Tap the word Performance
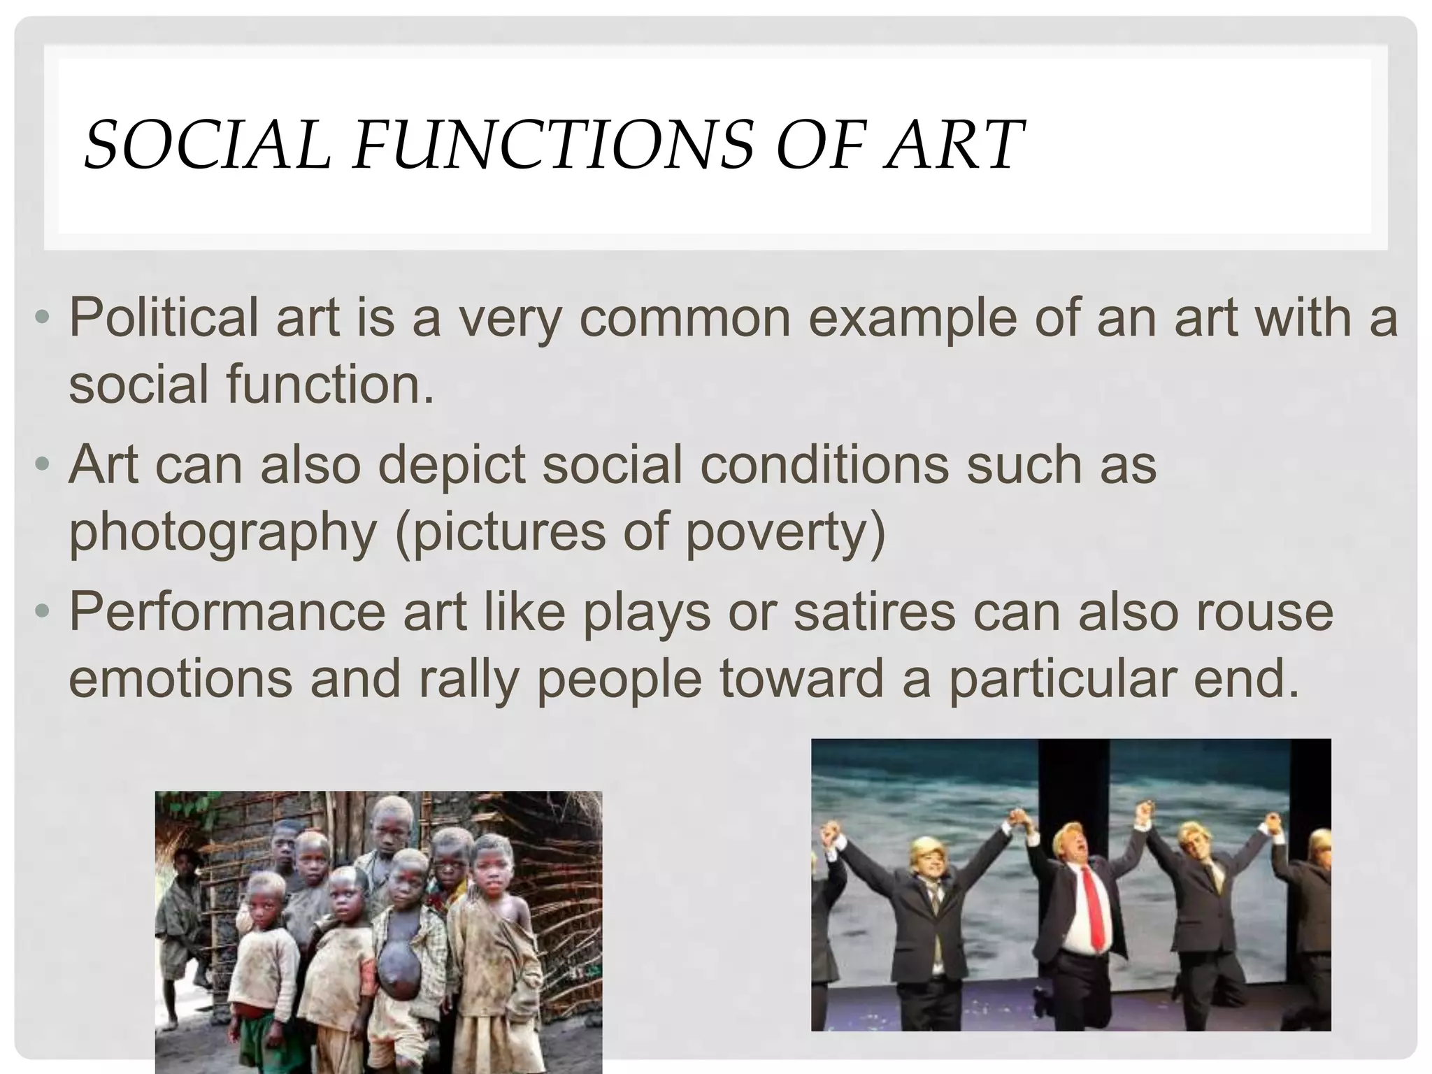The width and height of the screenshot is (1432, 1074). [x=227, y=613]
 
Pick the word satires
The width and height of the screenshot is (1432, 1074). [x=874, y=611]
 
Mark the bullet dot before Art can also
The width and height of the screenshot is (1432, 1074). [x=43, y=466]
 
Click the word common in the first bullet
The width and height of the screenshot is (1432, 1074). [x=685, y=319]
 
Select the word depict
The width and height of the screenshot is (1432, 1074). [x=451, y=466]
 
